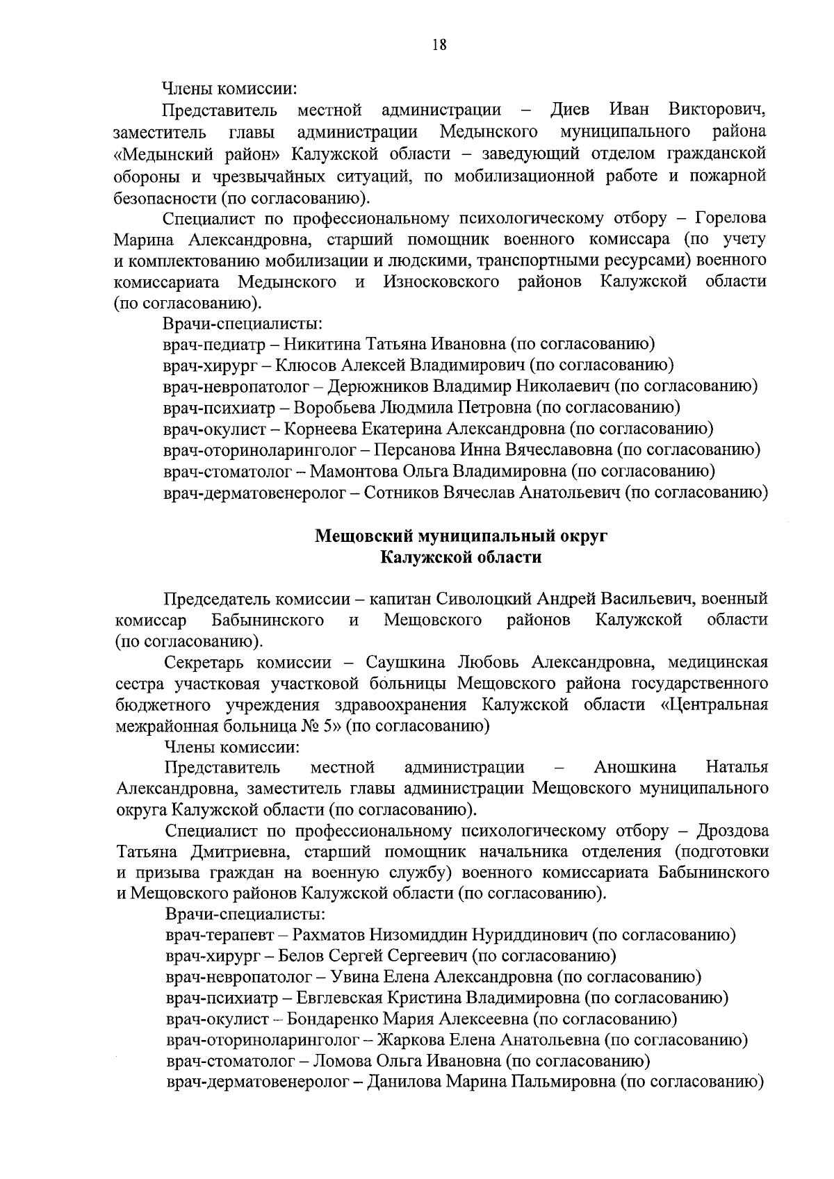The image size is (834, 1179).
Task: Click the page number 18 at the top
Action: pos(439,45)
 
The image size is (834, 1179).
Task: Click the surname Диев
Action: pos(570,110)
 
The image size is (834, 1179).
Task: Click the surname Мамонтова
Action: pos(353,471)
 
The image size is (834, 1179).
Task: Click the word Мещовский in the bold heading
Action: pos(363,536)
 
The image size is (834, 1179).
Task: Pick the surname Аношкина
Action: pos(635,767)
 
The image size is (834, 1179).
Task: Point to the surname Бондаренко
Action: pos(340,1019)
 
